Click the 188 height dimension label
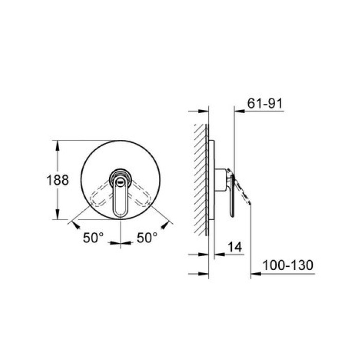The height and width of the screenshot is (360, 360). pyautogui.click(x=58, y=180)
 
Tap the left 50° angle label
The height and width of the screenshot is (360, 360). pyautogui.click(x=93, y=238)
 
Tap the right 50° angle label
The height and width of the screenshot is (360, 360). pyautogui.click(x=147, y=238)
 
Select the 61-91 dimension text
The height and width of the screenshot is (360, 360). pyautogui.click(x=265, y=103)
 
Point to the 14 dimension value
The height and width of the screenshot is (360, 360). pyautogui.click(x=235, y=247)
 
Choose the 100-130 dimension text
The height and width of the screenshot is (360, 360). pyautogui.click(x=287, y=265)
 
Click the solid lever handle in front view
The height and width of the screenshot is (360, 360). pyautogui.click(x=120, y=196)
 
